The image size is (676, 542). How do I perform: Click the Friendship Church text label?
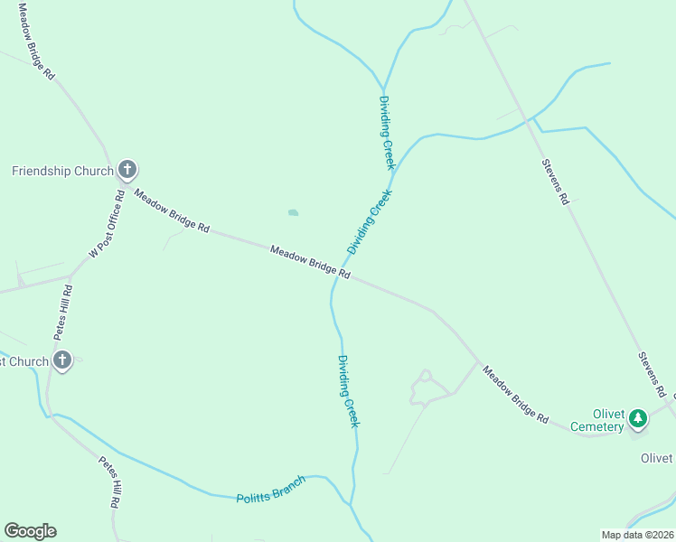pyautogui.click(x=62, y=171)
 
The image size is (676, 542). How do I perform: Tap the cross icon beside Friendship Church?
pyautogui.click(x=127, y=169)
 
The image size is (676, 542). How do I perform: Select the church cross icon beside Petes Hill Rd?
pyautogui.click(x=62, y=361)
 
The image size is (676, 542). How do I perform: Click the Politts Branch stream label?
pyautogui.click(x=271, y=488)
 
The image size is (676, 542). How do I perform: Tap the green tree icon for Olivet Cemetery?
pyautogui.click(x=638, y=418)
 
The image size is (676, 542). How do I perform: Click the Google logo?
pyautogui.click(x=30, y=531)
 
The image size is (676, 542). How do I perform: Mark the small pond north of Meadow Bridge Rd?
pyautogui.click(x=293, y=213)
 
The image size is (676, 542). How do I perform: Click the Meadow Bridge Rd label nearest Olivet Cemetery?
pyautogui.click(x=515, y=395)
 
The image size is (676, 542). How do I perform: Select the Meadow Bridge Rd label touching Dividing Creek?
pyautogui.click(x=310, y=261)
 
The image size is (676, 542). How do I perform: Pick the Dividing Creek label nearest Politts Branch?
pyautogui.click(x=349, y=390)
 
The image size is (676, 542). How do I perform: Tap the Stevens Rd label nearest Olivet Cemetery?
pyautogui.click(x=652, y=375)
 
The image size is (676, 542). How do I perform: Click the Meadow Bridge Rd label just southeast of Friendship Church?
pyautogui.click(x=172, y=210)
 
